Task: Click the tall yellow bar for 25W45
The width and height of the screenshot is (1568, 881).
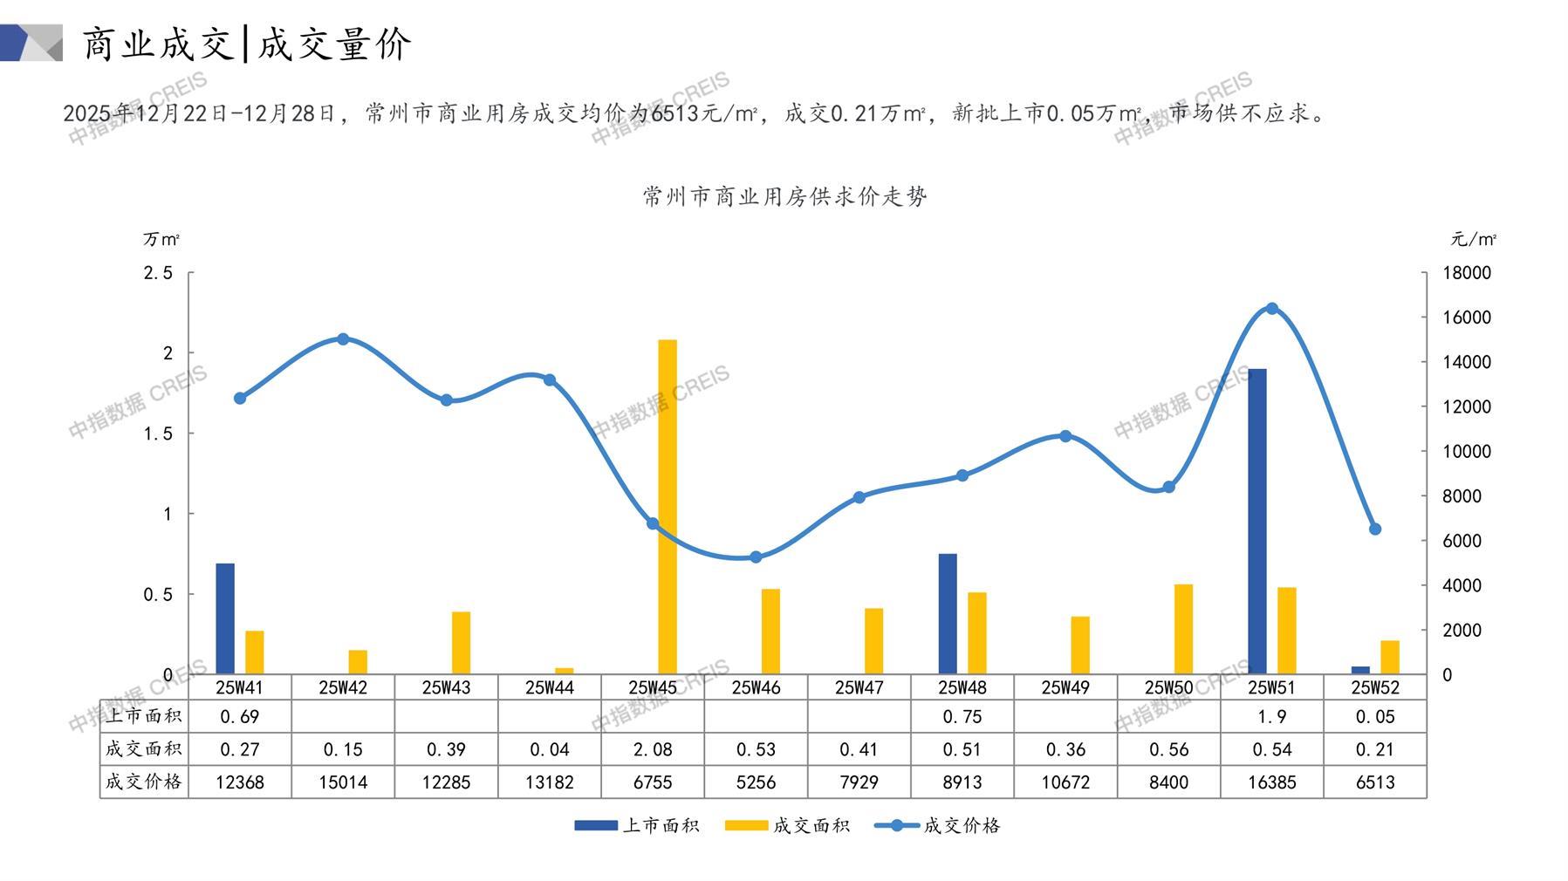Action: point(668,506)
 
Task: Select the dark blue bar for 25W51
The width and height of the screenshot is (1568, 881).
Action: point(1256,521)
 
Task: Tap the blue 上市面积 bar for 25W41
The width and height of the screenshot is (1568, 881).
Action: point(225,618)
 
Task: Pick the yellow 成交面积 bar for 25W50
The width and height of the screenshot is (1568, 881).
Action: point(1183,629)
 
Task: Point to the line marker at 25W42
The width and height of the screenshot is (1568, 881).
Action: point(343,339)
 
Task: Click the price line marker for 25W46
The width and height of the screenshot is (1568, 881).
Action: point(756,557)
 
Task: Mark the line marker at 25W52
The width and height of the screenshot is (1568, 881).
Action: point(1375,529)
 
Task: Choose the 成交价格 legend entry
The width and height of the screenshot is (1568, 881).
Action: point(938,825)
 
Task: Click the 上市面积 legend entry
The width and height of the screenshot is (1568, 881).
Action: point(637,825)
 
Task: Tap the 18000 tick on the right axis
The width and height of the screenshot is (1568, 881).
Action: point(1467,273)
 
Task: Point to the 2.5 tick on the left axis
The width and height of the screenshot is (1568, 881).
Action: point(158,273)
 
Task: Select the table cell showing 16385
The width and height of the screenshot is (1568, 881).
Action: point(1271,782)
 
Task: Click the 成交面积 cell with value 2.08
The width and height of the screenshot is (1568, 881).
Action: point(653,749)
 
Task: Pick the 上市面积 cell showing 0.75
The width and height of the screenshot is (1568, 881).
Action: point(962,717)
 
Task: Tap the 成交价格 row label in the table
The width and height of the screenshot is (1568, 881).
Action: point(143,782)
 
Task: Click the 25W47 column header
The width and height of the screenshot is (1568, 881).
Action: point(859,687)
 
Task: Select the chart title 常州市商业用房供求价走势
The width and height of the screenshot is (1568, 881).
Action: point(784,196)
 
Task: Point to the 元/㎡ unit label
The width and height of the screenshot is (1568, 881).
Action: point(1473,238)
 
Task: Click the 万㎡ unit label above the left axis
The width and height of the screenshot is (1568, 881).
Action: point(161,238)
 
